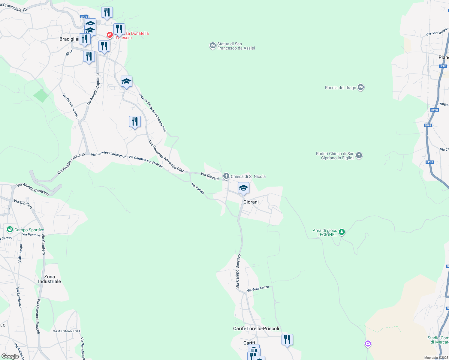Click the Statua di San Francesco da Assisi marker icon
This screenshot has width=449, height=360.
click(213, 46)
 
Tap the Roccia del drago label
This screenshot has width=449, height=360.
click(340, 88)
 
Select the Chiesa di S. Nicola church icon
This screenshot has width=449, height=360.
click(226, 176)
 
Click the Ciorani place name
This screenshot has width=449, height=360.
click(251, 202)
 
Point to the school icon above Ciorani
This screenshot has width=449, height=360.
click(243, 188)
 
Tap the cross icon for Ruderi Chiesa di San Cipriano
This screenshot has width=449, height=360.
click(359, 155)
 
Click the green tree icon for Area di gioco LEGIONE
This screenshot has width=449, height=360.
click(342, 232)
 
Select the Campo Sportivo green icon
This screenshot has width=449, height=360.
click(10, 230)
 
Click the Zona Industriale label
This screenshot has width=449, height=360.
click(50, 279)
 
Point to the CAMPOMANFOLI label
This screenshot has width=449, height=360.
click(66, 331)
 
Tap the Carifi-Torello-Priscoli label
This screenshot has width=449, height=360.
click(256, 328)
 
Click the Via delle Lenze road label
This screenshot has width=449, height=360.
click(258, 289)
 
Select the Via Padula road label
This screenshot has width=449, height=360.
click(198, 189)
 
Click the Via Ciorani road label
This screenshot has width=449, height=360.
click(210, 176)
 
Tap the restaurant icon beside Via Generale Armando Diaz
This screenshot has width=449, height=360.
click(135, 121)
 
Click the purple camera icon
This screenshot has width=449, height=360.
click(368, 344)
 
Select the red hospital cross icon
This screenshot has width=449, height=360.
click(110, 35)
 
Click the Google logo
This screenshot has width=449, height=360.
click(10, 356)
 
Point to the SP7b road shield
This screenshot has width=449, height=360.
click(84, 17)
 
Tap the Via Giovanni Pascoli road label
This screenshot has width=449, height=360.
click(38, 316)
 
